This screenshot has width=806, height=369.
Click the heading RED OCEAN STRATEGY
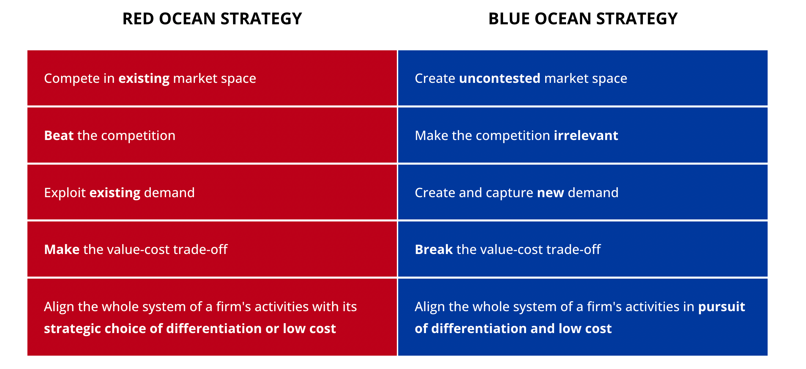[212, 18]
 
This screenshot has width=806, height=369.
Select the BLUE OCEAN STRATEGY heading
[583, 18]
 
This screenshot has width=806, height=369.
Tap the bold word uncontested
[500, 78]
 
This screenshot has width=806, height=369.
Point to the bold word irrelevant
[586, 136]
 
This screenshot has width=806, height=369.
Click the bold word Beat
[59, 136]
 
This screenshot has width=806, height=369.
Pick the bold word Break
[434, 250]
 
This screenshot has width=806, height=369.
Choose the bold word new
[550, 193]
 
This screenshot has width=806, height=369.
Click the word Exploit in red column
[65, 193]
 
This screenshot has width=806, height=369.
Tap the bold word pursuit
[722, 307]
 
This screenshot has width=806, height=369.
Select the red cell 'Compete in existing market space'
[212, 78]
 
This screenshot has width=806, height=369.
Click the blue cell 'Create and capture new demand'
[583, 192]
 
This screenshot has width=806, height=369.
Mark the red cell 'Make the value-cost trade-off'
[212, 249]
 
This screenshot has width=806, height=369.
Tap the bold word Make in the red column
[62, 250]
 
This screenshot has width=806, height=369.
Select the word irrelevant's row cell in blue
[583, 135]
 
